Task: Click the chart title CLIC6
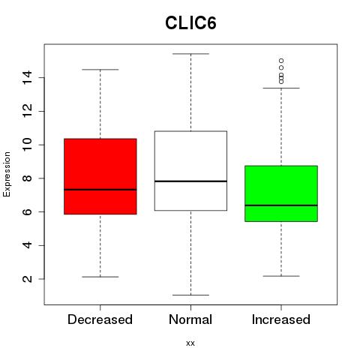point(190,23)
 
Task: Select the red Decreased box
point(100,176)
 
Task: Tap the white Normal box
point(190,171)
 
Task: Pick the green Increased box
point(281,193)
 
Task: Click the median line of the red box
point(100,190)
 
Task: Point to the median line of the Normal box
point(190,181)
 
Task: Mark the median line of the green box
point(281,205)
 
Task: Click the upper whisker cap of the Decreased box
point(100,70)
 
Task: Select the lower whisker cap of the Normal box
point(190,295)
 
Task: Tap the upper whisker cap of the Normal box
point(190,54)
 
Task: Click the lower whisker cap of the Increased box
point(281,276)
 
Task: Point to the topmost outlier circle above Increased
point(281,61)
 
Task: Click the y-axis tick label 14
point(28,77)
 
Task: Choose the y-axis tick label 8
point(28,178)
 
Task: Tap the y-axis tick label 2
point(28,279)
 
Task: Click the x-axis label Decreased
point(100,319)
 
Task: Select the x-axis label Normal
point(190,319)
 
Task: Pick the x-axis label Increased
point(281,319)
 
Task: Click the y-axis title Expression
point(7,174)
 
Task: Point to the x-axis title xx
point(190,343)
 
